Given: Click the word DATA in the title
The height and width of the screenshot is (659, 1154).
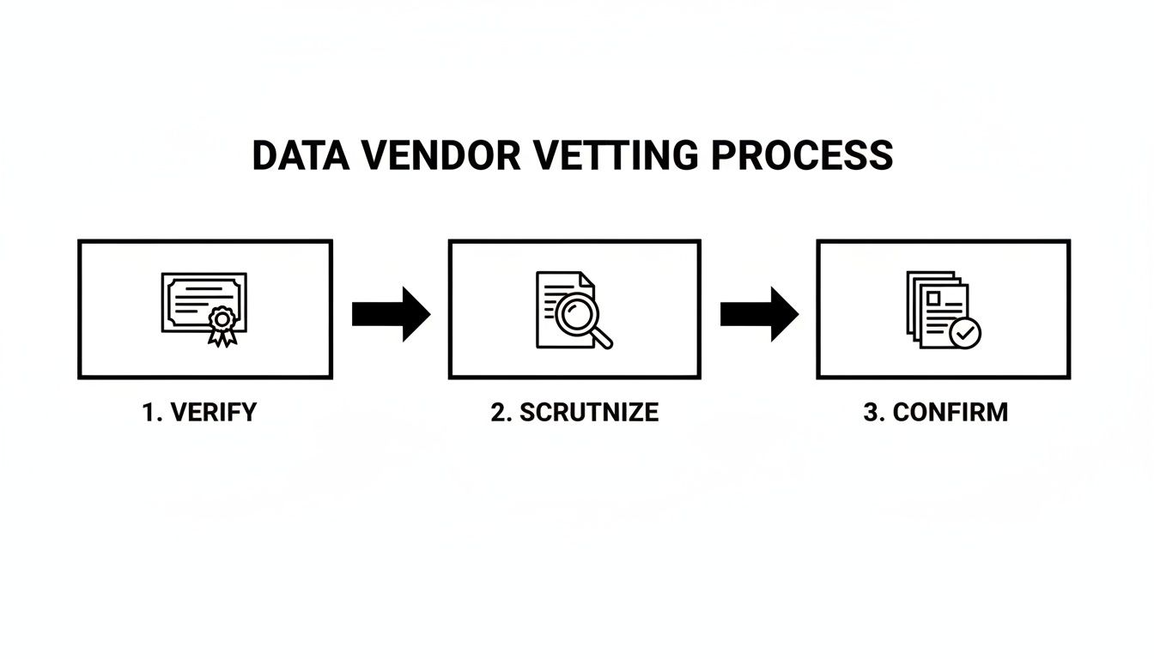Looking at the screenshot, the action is tap(301, 155).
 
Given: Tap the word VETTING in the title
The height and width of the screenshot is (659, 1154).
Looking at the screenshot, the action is tap(615, 155).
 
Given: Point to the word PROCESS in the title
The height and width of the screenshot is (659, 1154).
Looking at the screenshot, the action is tap(802, 155).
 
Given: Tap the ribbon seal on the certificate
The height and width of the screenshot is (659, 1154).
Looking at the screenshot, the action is tap(222, 326).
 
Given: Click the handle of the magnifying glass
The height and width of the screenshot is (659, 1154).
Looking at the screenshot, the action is tap(601, 338).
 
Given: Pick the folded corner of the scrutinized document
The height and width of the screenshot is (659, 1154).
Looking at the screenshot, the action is tap(588, 280).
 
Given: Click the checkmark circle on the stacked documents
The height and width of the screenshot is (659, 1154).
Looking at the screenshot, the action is tap(965, 333).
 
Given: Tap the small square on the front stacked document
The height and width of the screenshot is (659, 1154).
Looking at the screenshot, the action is tap(933, 299).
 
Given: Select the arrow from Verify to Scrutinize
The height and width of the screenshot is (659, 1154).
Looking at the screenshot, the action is tap(391, 314).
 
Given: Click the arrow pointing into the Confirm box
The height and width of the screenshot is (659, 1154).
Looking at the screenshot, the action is tap(759, 314).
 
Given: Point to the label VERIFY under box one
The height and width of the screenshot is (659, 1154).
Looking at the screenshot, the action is tap(213, 413).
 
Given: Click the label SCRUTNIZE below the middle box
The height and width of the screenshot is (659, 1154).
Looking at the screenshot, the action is tap(589, 413).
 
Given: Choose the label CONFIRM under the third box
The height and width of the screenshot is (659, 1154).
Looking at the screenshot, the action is tap(950, 413).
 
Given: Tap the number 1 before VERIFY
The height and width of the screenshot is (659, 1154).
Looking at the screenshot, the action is tap(149, 413).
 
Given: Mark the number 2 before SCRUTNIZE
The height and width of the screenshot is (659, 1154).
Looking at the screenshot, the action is tap(499, 413).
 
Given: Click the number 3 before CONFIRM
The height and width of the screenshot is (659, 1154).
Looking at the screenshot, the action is tap(872, 413).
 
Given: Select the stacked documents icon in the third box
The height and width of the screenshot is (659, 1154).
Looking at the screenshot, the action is tap(944, 310).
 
